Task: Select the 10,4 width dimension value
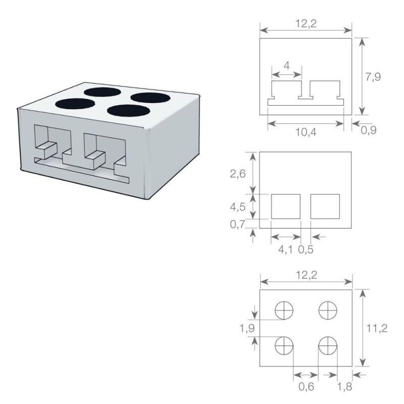tap(306, 132)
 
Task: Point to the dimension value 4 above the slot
tap(286, 66)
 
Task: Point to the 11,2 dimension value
tap(378, 328)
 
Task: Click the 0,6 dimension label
tap(306, 387)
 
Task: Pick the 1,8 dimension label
tap(344, 387)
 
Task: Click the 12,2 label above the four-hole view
tap(306, 276)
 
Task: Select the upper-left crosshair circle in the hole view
tap(284, 310)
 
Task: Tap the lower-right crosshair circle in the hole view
tap(328, 346)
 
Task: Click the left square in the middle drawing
tap(286, 207)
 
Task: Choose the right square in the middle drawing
tap(325, 207)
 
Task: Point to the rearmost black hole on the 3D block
tap(101, 92)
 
